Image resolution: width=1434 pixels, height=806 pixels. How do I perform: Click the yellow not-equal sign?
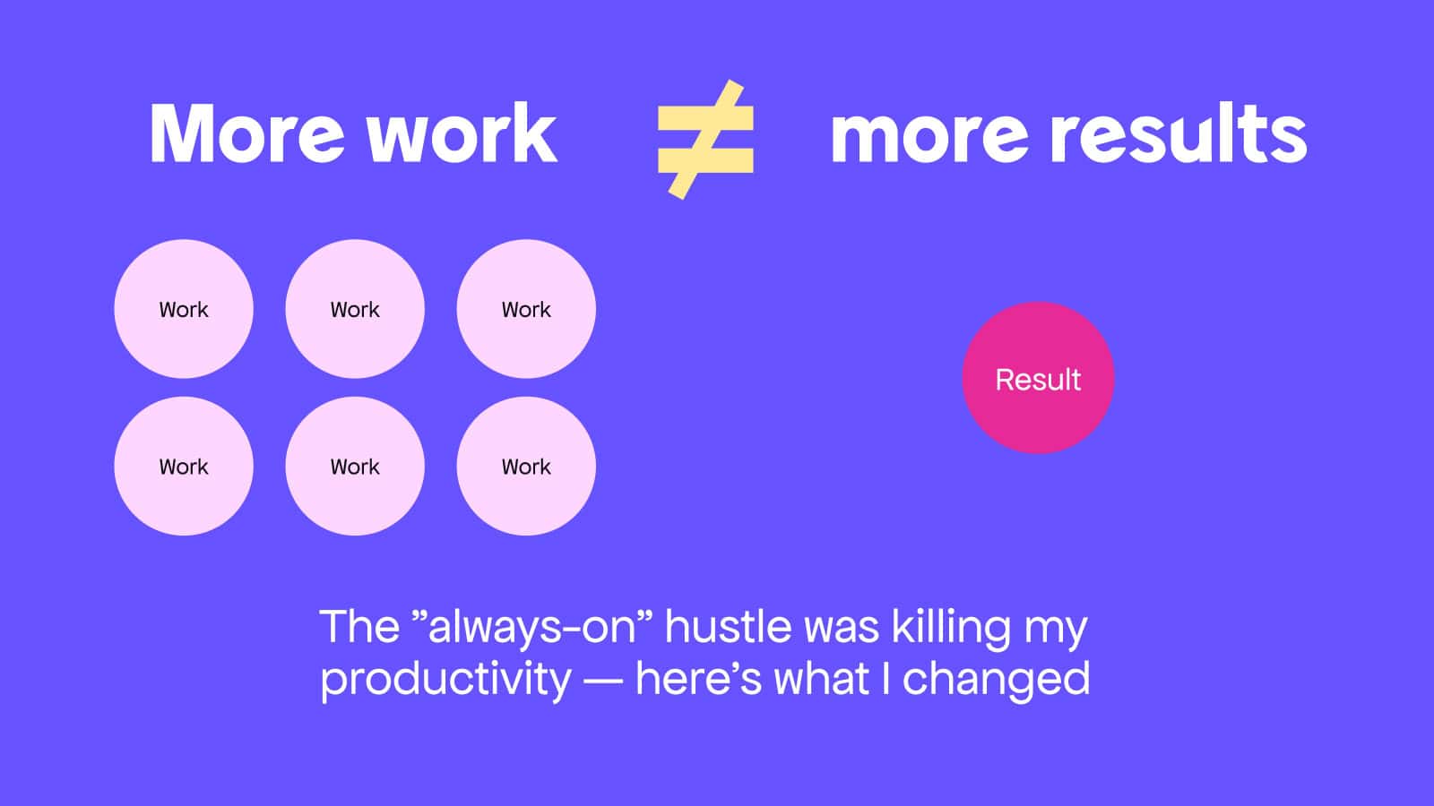tap(705, 140)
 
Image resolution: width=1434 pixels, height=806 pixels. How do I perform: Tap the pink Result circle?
tap(1039, 378)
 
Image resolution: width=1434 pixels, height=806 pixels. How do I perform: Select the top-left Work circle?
tap(184, 309)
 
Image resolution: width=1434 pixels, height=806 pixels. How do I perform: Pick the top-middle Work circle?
tap(355, 309)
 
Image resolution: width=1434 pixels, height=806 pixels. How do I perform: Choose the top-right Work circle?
tap(526, 309)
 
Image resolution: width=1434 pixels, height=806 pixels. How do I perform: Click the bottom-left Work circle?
tap(184, 466)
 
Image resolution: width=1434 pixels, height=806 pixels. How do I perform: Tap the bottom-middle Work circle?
tap(355, 466)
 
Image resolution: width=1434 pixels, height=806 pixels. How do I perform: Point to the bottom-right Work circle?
tap(526, 466)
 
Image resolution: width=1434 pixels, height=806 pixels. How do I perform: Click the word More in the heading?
tap(247, 133)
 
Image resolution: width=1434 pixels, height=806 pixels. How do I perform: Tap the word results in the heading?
tap(1178, 133)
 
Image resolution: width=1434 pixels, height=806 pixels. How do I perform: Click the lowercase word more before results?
tap(929, 138)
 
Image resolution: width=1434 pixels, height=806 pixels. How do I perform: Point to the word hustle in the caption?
tap(727, 626)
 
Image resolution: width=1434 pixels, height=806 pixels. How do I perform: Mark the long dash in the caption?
tap(602, 681)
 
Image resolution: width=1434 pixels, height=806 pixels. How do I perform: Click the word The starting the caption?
tap(359, 626)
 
